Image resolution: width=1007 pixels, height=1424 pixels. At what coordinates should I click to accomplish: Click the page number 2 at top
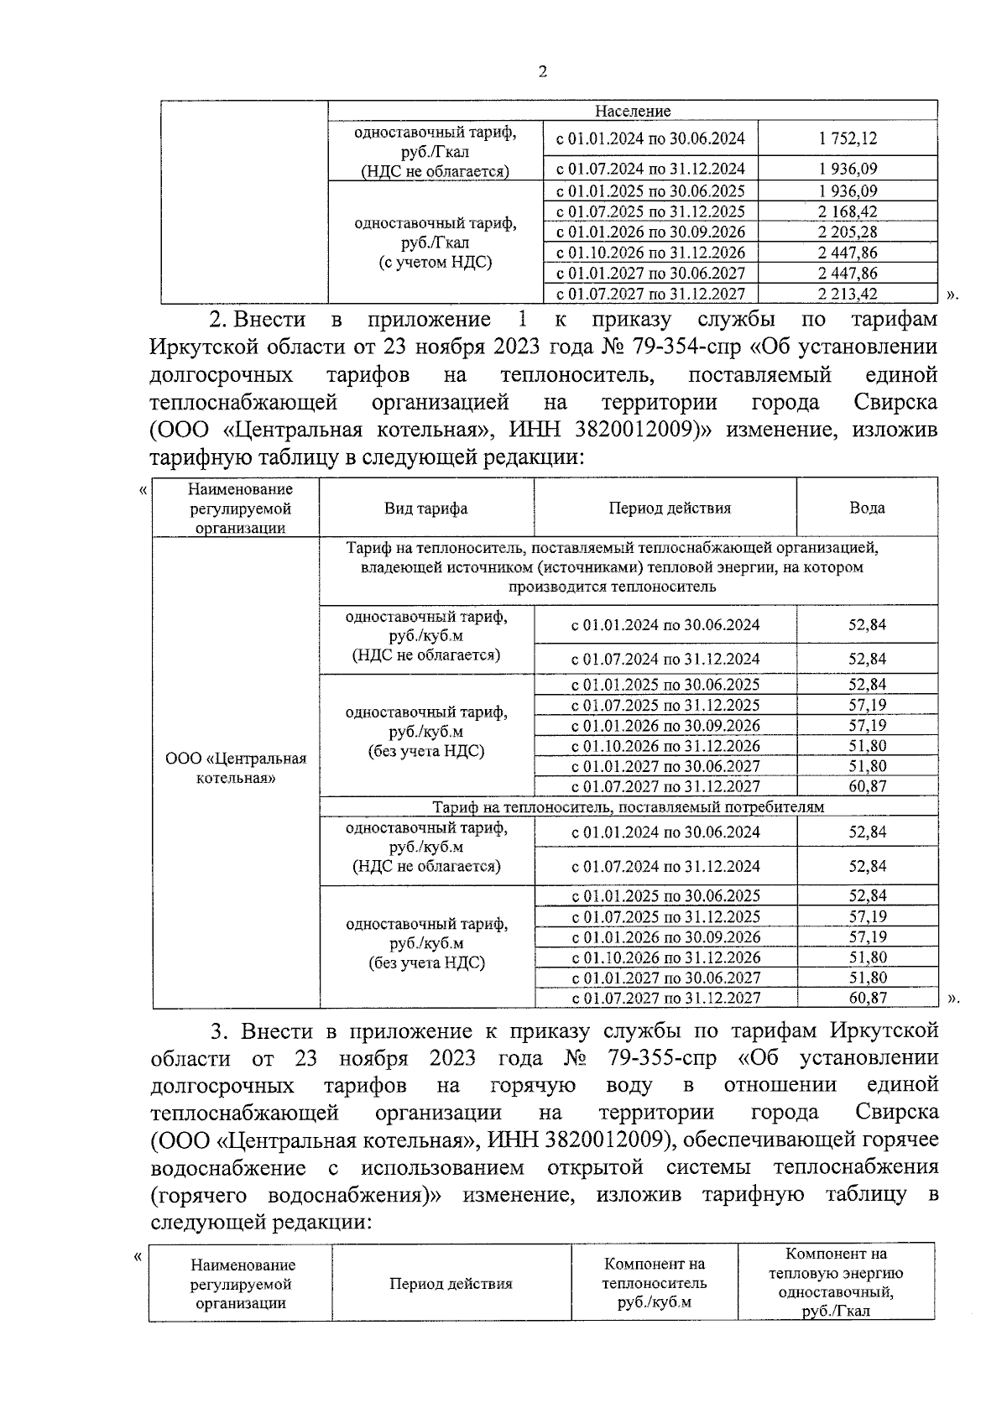[x=542, y=72]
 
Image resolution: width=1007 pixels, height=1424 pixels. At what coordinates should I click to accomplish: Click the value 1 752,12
[x=848, y=138]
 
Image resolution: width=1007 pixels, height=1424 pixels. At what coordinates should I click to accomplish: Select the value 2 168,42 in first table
[x=848, y=211]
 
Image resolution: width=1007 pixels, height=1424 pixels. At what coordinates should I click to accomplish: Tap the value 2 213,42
[x=848, y=294]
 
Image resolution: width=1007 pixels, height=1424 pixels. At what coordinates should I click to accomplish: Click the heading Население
[x=633, y=111]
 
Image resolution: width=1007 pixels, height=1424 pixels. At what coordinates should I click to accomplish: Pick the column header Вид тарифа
[x=425, y=509]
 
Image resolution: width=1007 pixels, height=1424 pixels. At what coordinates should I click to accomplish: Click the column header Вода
[x=866, y=509]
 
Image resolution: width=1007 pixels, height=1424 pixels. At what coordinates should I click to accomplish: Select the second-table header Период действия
[x=669, y=509]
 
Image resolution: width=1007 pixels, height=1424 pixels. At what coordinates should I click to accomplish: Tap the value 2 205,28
[x=848, y=232]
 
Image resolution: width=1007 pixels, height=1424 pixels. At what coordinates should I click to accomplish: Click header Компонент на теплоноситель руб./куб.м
[x=654, y=1284]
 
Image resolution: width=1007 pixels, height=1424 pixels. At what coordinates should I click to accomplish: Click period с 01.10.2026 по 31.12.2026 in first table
[x=650, y=253]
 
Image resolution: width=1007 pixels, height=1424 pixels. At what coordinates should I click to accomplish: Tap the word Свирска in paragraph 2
[x=895, y=403]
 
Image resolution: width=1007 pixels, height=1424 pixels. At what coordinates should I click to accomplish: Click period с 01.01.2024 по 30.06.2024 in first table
[x=650, y=138]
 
